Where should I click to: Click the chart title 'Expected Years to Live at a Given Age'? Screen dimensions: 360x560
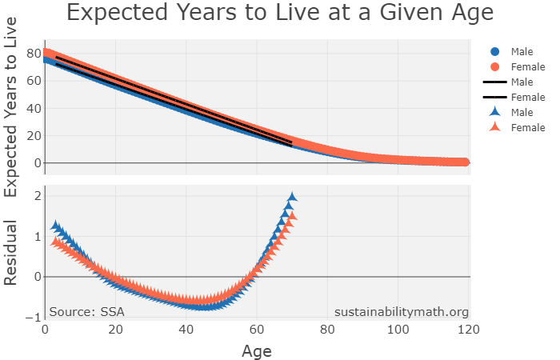[x=279, y=14]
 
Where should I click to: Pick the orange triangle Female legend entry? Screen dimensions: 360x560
[x=521, y=127]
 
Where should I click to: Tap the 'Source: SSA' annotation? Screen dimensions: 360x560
[x=86, y=312]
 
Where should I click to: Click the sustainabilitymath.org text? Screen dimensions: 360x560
[x=401, y=312]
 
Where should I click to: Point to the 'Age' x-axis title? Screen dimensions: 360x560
[x=257, y=350]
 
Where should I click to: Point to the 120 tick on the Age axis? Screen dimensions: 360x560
[x=469, y=330]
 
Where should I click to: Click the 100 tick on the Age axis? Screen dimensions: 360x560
[x=398, y=330]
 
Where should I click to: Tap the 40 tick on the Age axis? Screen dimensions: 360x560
[x=186, y=330]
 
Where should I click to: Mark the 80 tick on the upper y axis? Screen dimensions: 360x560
[x=33, y=54]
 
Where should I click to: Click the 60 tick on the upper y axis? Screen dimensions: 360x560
[x=33, y=81]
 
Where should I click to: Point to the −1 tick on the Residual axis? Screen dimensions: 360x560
[x=33, y=318]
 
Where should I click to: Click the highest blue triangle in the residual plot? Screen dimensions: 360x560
[x=292, y=197]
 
